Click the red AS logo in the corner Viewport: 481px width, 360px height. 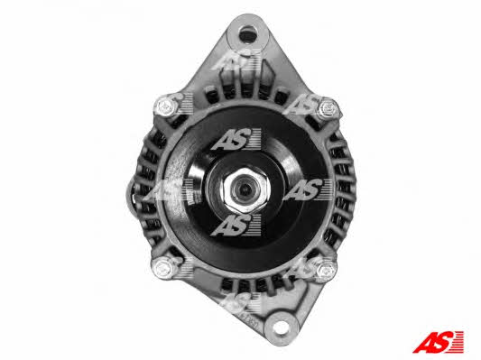(439, 342)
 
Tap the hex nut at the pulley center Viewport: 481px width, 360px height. (245, 190)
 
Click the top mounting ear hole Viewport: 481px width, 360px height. (247, 34)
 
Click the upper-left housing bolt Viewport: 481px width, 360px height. (167, 106)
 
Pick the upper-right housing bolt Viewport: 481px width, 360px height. (328, 109)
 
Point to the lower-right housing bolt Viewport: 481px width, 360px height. (326, 270)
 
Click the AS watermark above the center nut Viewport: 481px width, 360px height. (236, 139)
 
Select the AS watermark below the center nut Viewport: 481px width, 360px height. (236, 226)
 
